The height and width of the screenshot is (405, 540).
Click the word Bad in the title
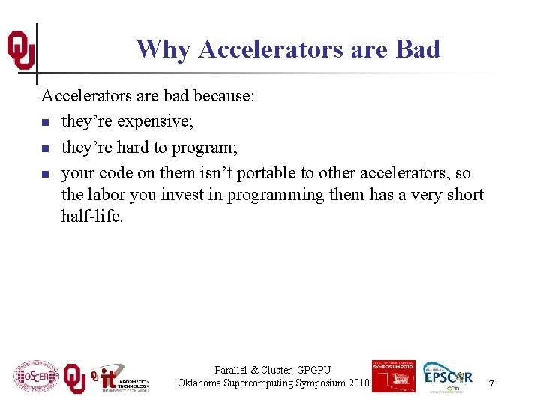click(417, 49)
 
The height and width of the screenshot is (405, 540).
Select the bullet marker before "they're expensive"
click(46, 122)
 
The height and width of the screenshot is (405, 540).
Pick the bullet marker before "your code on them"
click(46, 174)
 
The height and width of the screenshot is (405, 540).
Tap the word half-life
click(91, 217)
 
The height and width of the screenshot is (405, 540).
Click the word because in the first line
click(223, 95)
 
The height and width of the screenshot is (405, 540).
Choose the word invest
click(196, 195)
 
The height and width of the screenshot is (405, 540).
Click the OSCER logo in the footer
click(35, 376)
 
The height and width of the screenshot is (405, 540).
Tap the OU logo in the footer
click(73, 377)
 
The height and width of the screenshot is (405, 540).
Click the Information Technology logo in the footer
click(120, 378)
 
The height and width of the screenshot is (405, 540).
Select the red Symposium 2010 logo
click(393, 376)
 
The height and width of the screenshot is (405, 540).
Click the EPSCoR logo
click(447, 376)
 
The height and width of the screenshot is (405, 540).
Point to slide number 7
click(491, 384)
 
